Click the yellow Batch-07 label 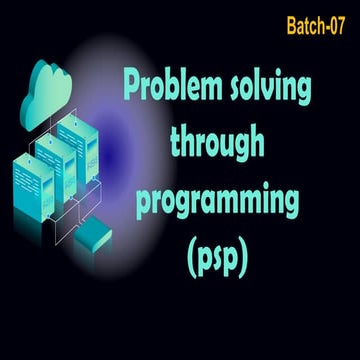point(315,26)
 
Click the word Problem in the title point(173,87)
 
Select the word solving point(271,89)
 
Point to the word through point(217,146)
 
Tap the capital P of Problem point(132,87)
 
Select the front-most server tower point(33,187)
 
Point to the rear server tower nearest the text point(78,149)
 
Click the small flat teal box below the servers point(93,235)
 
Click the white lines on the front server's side point(26,181)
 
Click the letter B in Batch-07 point(292,26)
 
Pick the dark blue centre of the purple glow point(109,154)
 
